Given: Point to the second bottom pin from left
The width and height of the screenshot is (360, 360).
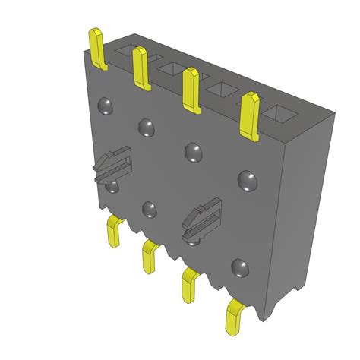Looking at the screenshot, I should tap(150, 256).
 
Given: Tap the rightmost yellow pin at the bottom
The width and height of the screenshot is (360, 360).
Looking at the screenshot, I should tap(236, 316).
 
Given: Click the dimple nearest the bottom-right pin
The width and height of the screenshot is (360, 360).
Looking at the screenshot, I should tap(241, 267).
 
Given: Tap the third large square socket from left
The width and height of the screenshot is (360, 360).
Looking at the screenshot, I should tap(222, 91).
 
